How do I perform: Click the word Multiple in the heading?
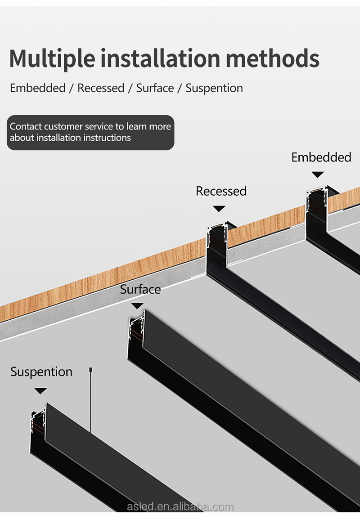(x=52, y=59)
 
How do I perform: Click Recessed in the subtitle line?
(x=101, y=88)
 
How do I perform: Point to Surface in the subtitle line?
(x=155, y=88)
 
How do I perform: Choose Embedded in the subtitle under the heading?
(x=38, y=88)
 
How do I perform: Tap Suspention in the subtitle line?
(x=214, y=88)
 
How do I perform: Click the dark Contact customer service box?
(x=90, y=132)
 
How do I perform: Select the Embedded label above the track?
(x=321, y=157)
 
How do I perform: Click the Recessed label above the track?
(x=221, y=191)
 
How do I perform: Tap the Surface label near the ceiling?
(x=140, y=289)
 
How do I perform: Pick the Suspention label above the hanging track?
(x=41, y=372)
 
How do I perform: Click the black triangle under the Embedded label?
(x=318, y=175)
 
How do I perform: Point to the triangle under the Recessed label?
(x=219, y=209)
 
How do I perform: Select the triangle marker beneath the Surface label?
(x=137, y=306)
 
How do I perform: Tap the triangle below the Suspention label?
(x=41, y=391)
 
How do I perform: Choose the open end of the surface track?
(x=136, y=335)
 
